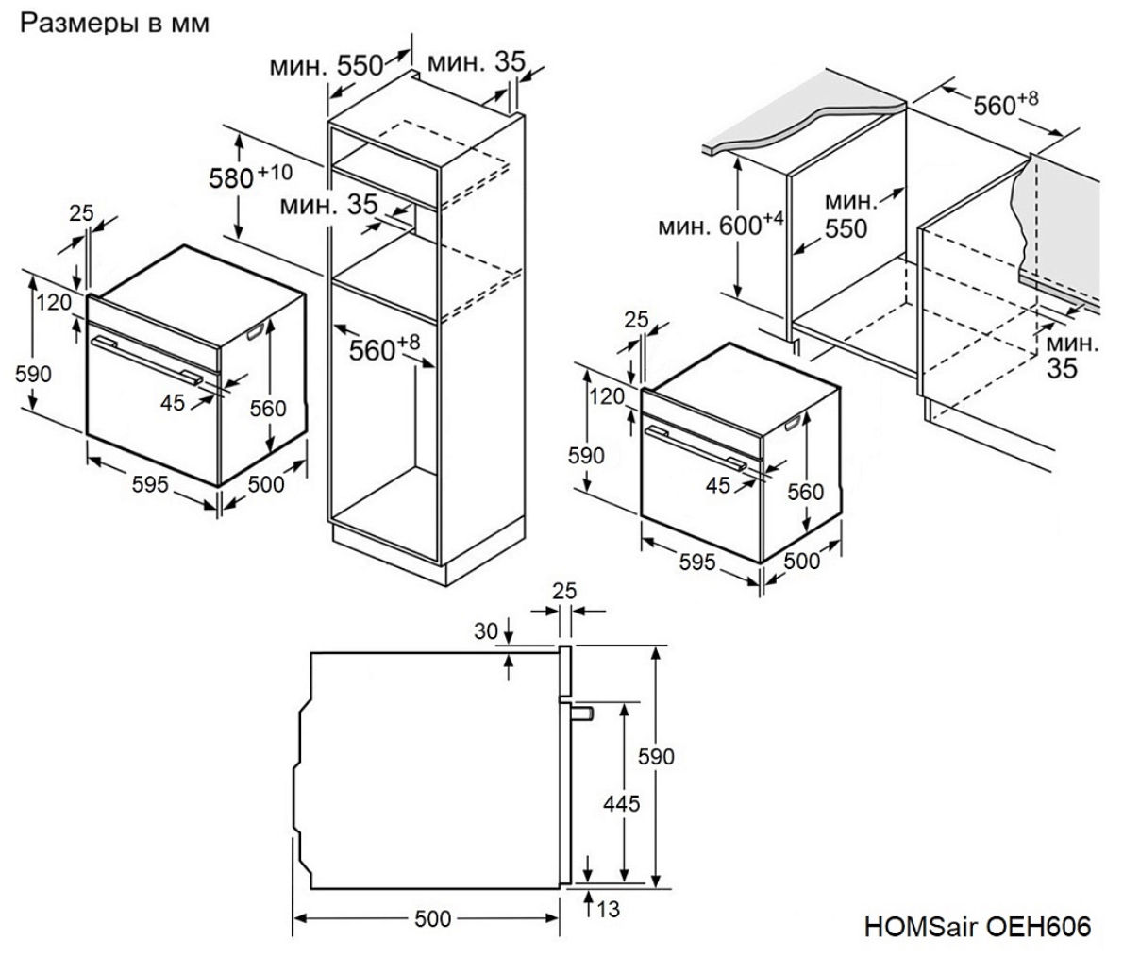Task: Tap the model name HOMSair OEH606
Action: coord(977,927)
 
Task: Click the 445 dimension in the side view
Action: coord(621,804)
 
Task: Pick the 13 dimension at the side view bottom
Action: coord(608,910)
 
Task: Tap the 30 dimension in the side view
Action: coord(485,631)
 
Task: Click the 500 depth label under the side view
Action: coord(433,919)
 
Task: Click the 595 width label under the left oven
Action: coord(150,484)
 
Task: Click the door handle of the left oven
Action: coord(146,359)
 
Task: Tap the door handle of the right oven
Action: coord(693,446)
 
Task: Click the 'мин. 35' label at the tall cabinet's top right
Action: coord(476,63)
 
